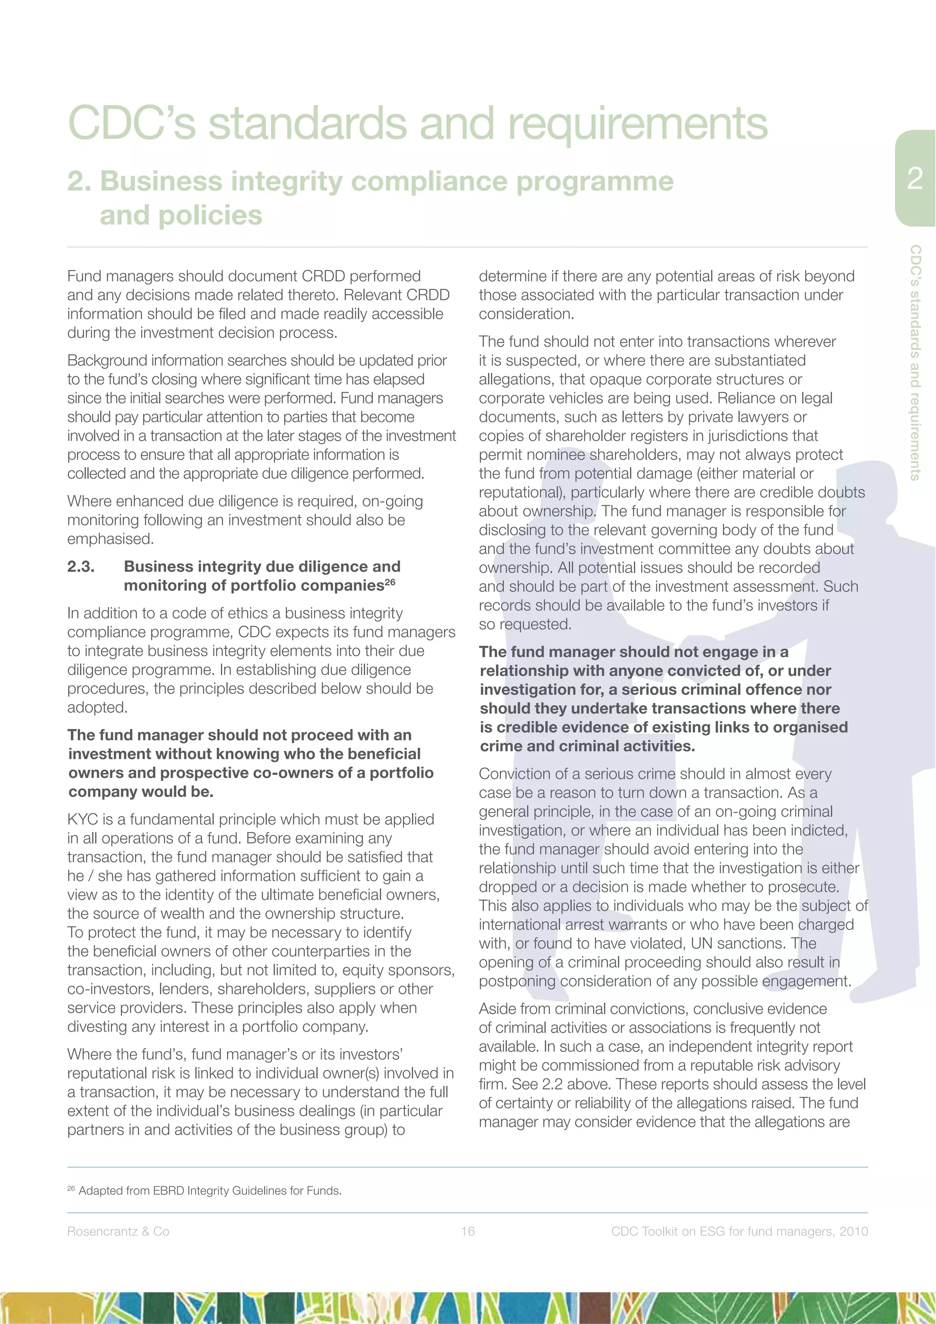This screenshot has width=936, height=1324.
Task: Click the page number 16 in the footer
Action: pos(468,1231)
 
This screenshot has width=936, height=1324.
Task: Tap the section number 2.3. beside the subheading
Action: pos(81,566)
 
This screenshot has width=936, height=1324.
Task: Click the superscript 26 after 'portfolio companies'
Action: pos(390,582)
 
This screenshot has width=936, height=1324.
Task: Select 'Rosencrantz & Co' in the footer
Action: pos(118,1231)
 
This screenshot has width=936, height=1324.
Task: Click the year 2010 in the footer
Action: pos(854,1231)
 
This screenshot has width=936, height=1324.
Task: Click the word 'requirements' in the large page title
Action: pos(637,123)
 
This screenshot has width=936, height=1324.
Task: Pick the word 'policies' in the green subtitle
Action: pos(209,215)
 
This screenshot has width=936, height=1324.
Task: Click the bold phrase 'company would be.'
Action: pos(141,792)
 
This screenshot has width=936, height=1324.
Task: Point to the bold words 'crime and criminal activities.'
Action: pos(587,746)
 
